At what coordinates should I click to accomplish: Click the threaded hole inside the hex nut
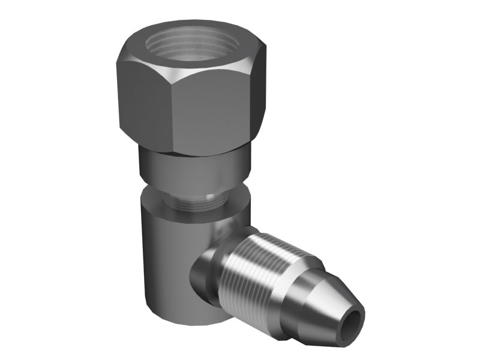pos(192,45)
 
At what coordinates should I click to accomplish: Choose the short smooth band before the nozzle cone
pos(294,300)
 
